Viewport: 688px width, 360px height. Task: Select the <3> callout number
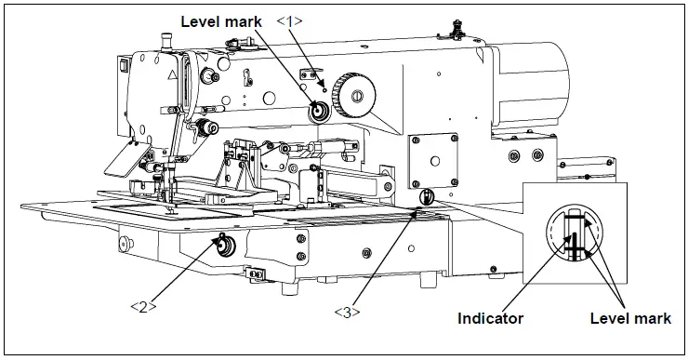(x=346, y=312)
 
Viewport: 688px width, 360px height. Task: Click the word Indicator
(x=490, y=318)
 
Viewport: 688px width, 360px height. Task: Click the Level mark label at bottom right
(x=630, y=318)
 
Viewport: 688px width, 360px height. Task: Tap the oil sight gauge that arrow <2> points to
(x=223, y=246)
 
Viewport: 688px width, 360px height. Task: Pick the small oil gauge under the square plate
(x=428, y=196)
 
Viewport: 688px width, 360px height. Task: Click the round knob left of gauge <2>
(x=123, y=245)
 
